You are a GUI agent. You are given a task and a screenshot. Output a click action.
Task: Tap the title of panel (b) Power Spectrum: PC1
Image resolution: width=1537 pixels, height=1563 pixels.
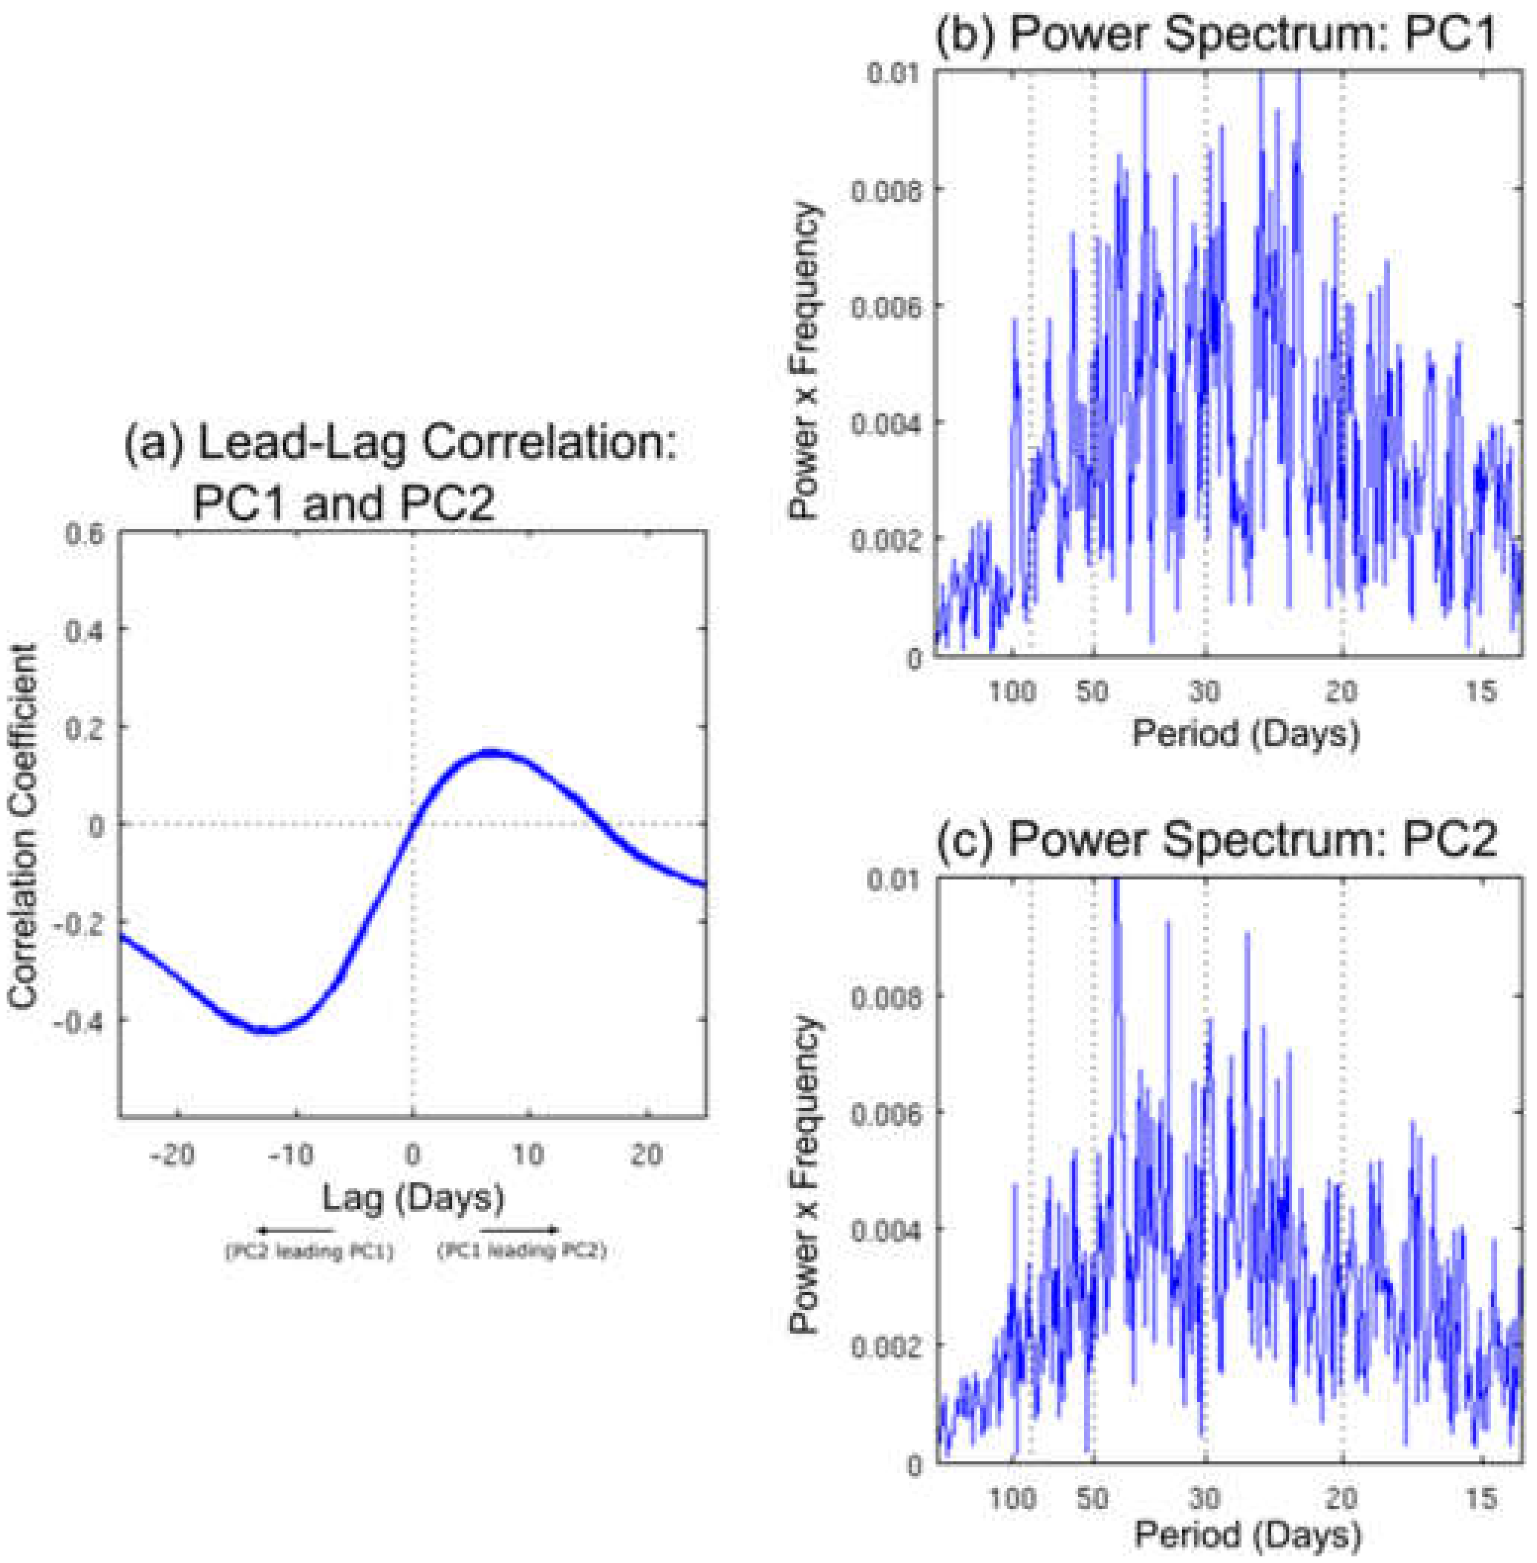[1215, 34]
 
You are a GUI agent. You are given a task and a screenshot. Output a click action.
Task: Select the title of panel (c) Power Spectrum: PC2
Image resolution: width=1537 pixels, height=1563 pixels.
[1215, 839]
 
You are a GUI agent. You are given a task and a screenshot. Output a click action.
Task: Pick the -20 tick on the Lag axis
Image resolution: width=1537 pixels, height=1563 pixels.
[174, 1155]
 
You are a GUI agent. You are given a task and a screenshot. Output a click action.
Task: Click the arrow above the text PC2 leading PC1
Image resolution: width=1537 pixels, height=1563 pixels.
[296, 1231]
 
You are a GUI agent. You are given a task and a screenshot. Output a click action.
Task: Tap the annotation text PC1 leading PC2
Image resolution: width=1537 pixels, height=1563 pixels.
[521, 1251]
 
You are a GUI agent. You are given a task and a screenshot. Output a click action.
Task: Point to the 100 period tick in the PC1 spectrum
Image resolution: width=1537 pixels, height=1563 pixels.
[1012, 692]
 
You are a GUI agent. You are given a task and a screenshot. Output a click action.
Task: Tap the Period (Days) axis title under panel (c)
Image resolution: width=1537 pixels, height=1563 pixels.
[1247, 1535]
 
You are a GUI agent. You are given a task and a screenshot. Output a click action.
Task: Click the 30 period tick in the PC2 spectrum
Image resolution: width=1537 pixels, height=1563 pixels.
[1204, 1498]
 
